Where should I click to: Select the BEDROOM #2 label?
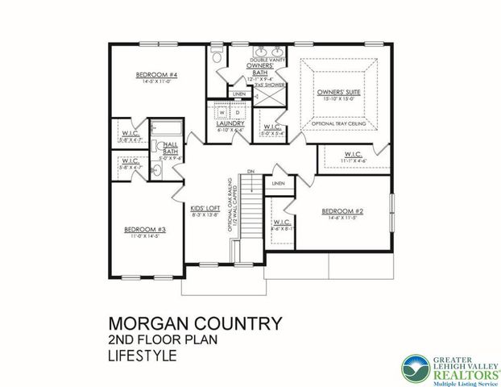(x=344, y=212)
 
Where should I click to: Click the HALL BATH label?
(x=170, y=147)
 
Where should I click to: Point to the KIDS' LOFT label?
(x=205, y=206)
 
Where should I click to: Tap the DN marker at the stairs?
(x=250, y=172)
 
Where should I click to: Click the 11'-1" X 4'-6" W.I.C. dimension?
(x=353, y=161)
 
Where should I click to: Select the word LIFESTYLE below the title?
(x=144, y=354)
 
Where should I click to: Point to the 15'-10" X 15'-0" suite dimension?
(x=337, y=99)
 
